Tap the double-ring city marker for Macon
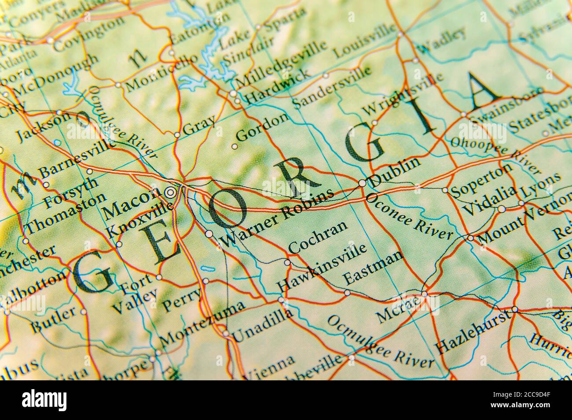[170, 192]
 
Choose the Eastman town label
[373, 268]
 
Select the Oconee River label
[409, 217]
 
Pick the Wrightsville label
[403, 98]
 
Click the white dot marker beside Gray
[177, 135]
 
